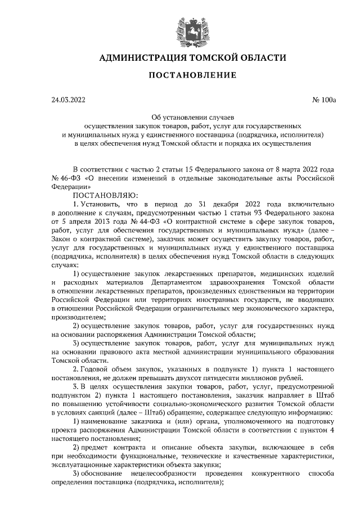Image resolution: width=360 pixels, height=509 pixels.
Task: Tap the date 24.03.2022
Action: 67,101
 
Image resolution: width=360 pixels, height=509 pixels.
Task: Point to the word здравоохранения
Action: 249,281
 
